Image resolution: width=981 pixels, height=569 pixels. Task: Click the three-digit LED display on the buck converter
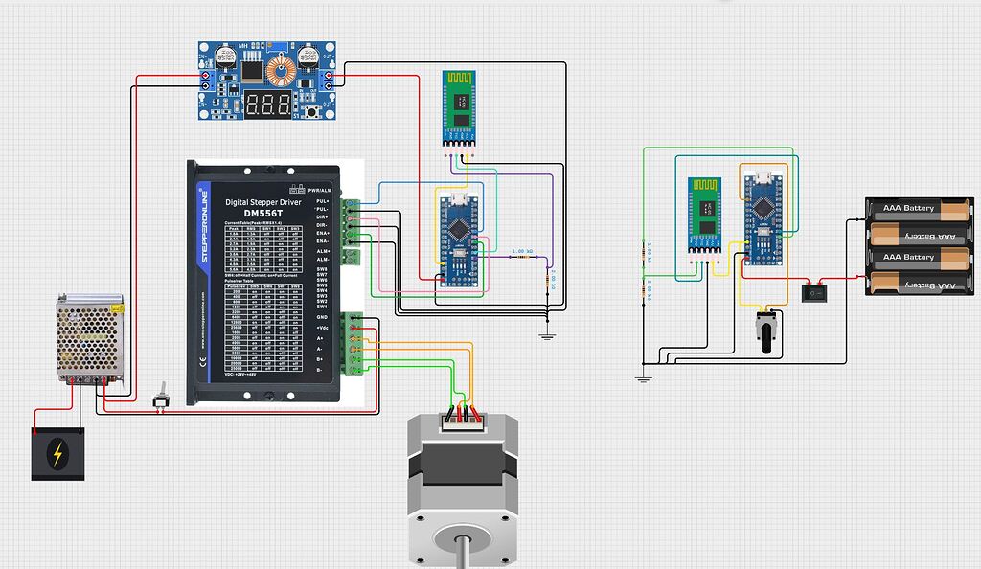268,104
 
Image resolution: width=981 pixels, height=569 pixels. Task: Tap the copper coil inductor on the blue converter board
280,69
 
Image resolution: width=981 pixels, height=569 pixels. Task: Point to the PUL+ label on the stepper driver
322,202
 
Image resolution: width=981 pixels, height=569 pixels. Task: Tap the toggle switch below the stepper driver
162,396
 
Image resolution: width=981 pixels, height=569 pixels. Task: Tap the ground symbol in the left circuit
547,334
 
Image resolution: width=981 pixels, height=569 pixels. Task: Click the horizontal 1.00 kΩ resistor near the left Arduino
522,257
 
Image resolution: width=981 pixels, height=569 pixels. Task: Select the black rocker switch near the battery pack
815,290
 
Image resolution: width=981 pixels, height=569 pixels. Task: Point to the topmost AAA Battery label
907,208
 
